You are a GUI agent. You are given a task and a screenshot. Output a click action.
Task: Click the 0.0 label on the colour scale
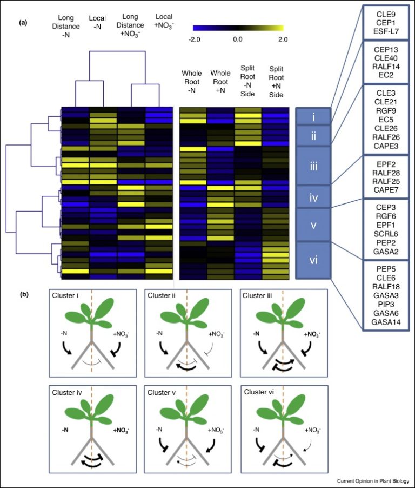238,39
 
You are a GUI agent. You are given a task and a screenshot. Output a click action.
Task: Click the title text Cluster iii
263,296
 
